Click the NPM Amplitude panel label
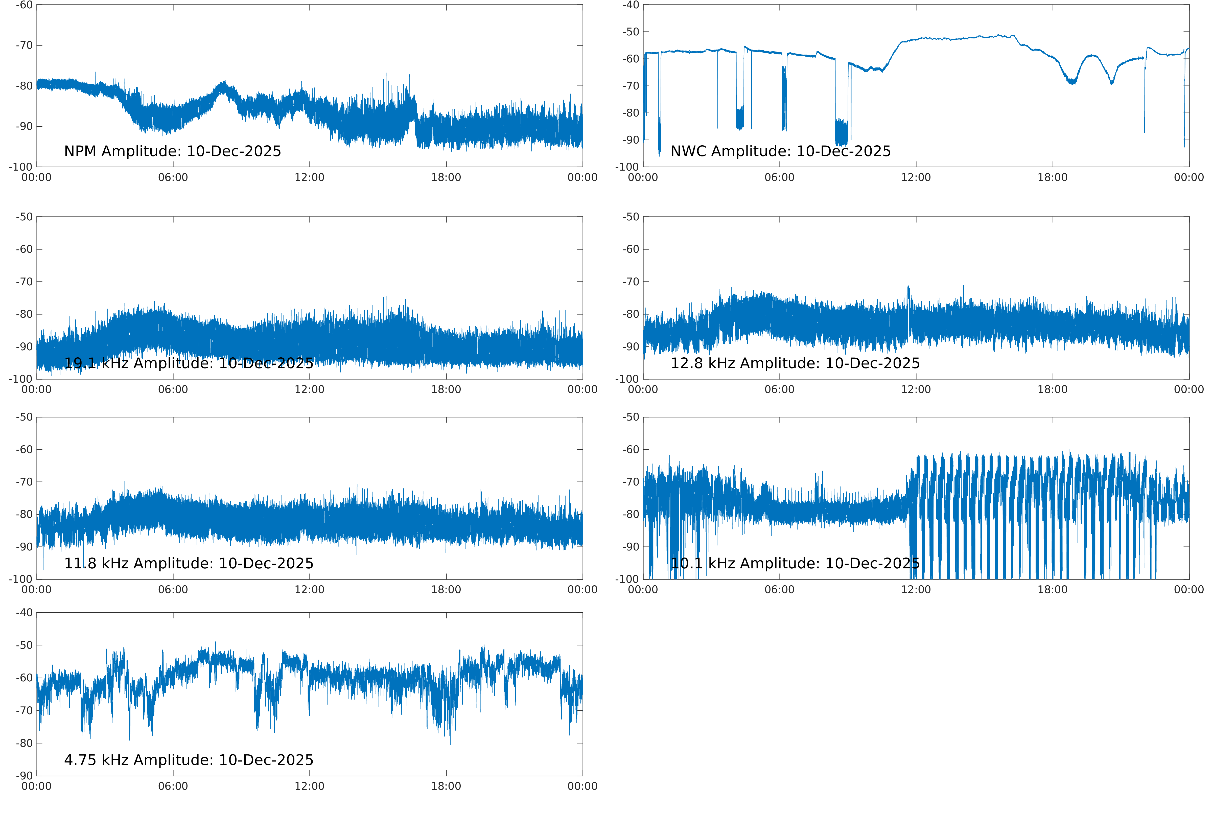172,152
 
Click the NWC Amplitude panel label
780,152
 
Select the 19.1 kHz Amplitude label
189,363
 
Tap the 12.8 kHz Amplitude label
795,363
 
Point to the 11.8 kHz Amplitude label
189,563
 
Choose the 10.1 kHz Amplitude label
795,563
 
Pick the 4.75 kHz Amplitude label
189,760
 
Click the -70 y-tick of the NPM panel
24,45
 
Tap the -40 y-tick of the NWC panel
631,5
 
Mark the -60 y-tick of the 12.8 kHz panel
631,249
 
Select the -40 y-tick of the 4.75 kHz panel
24,612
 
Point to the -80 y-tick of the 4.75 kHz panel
24,743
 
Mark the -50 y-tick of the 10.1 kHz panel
631,417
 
